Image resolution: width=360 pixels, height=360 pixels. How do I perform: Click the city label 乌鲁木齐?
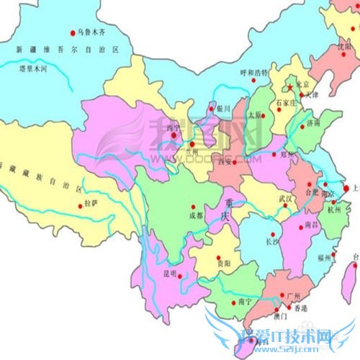click(x=93, y=32)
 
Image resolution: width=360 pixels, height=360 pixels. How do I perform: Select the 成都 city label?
click(x=196, y=214)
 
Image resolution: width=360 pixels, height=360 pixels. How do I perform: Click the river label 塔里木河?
click(x=32, y=70)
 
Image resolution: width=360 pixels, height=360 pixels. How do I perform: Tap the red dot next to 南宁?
click(x=256, y=301)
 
